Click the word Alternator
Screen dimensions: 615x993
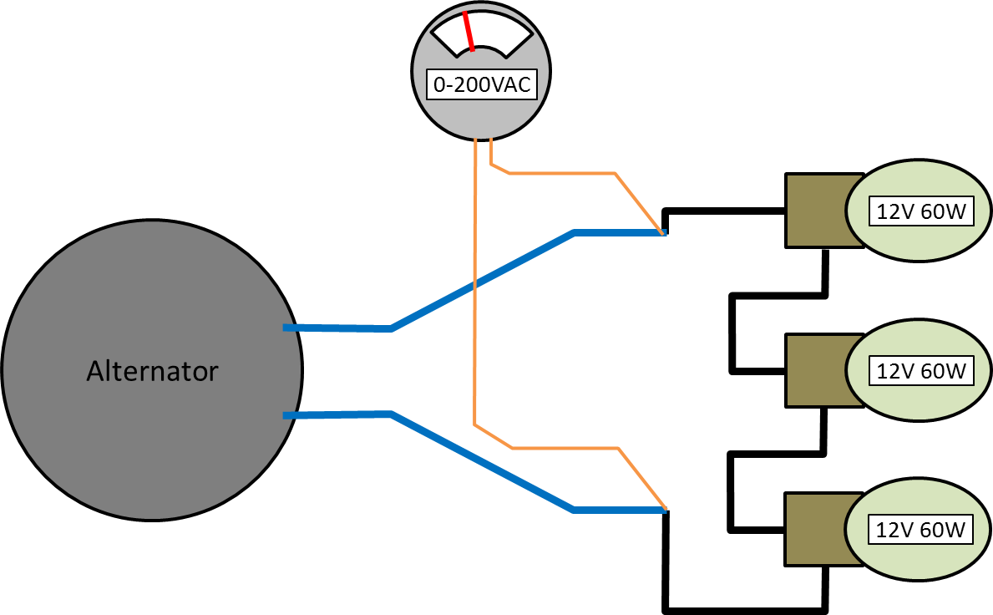click(x=152, y=370)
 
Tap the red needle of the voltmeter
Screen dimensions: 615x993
click(x=469, y=31)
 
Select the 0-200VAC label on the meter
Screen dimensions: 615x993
click(x=481, y=84)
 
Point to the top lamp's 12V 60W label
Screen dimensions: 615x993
click(x=921, y=211)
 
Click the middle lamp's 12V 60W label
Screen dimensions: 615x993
click(x=921, y=370)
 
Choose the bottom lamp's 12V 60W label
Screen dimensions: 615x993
click(x=921, y=529)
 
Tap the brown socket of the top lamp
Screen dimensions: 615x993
click(x=815, y=211)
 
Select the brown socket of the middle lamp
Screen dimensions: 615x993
click(x=815, y=370)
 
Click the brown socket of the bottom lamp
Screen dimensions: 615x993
click(x=815, y=529)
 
